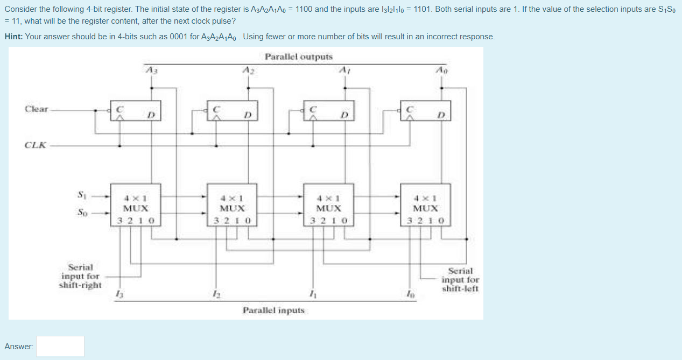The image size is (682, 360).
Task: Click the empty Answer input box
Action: [x=60, y=346]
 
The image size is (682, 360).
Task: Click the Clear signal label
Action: [x=36, y=109]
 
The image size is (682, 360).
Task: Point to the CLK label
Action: [x=34, y=145]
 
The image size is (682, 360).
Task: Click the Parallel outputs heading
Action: [x=298, y=57]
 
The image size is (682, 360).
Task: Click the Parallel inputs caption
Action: [x=273, y=310]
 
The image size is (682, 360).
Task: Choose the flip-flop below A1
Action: [x=328, y=110]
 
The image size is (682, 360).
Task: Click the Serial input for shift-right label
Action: [x=80, y=276]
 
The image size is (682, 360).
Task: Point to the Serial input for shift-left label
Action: [x=460, y=280]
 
